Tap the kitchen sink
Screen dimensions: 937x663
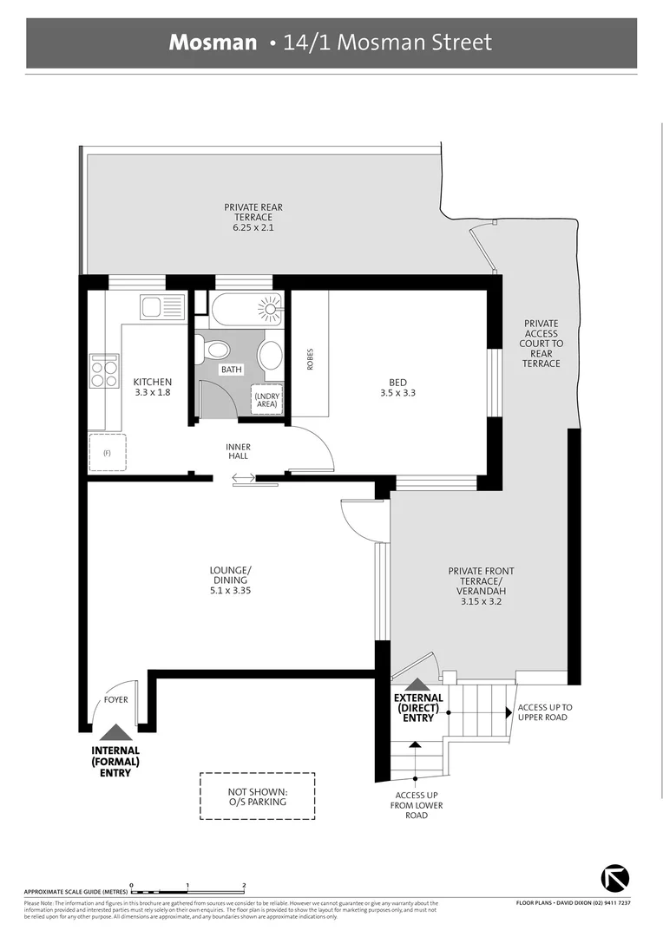tap(161, 307)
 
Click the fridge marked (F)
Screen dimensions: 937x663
tap(108, 452)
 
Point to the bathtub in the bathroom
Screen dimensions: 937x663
tap(247, 309)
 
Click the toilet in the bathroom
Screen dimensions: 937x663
tap(214, 350)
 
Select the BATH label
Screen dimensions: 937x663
tap(232, 370)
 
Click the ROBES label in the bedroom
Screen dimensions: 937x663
tap(310, 359)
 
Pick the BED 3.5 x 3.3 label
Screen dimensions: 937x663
tap(398, 387)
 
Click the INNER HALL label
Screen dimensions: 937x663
tap(238, 451)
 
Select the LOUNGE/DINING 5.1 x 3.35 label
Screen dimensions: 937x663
tap(230, 580)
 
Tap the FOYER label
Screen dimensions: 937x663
tap(116, 698)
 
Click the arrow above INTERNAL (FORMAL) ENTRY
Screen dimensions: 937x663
tap(115, 733)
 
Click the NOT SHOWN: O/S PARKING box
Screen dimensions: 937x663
tap(257, 796)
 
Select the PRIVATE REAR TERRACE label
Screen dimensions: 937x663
tap(253, 217)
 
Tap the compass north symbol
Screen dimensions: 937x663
tap(615, 877)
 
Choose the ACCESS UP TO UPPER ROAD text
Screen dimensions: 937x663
tap(544, 712)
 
